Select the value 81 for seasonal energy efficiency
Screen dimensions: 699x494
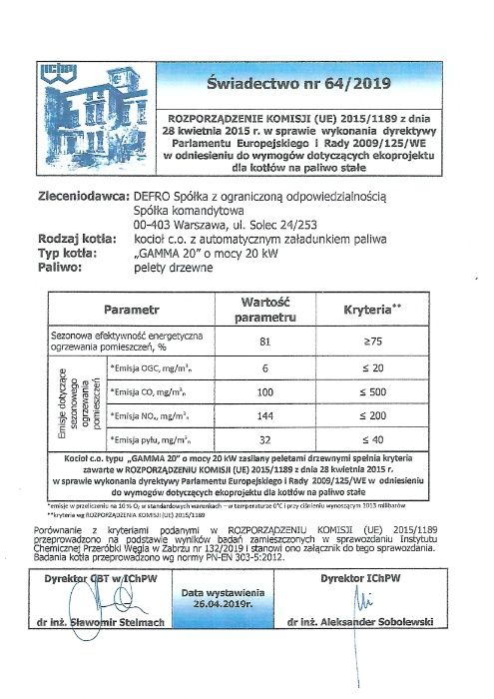pyautogui.click(x=265, y=342)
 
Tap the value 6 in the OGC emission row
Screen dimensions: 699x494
pyautogui.click(x=265, y=369)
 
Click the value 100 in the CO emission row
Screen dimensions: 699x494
pyautogui.click(x=265, y=392)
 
